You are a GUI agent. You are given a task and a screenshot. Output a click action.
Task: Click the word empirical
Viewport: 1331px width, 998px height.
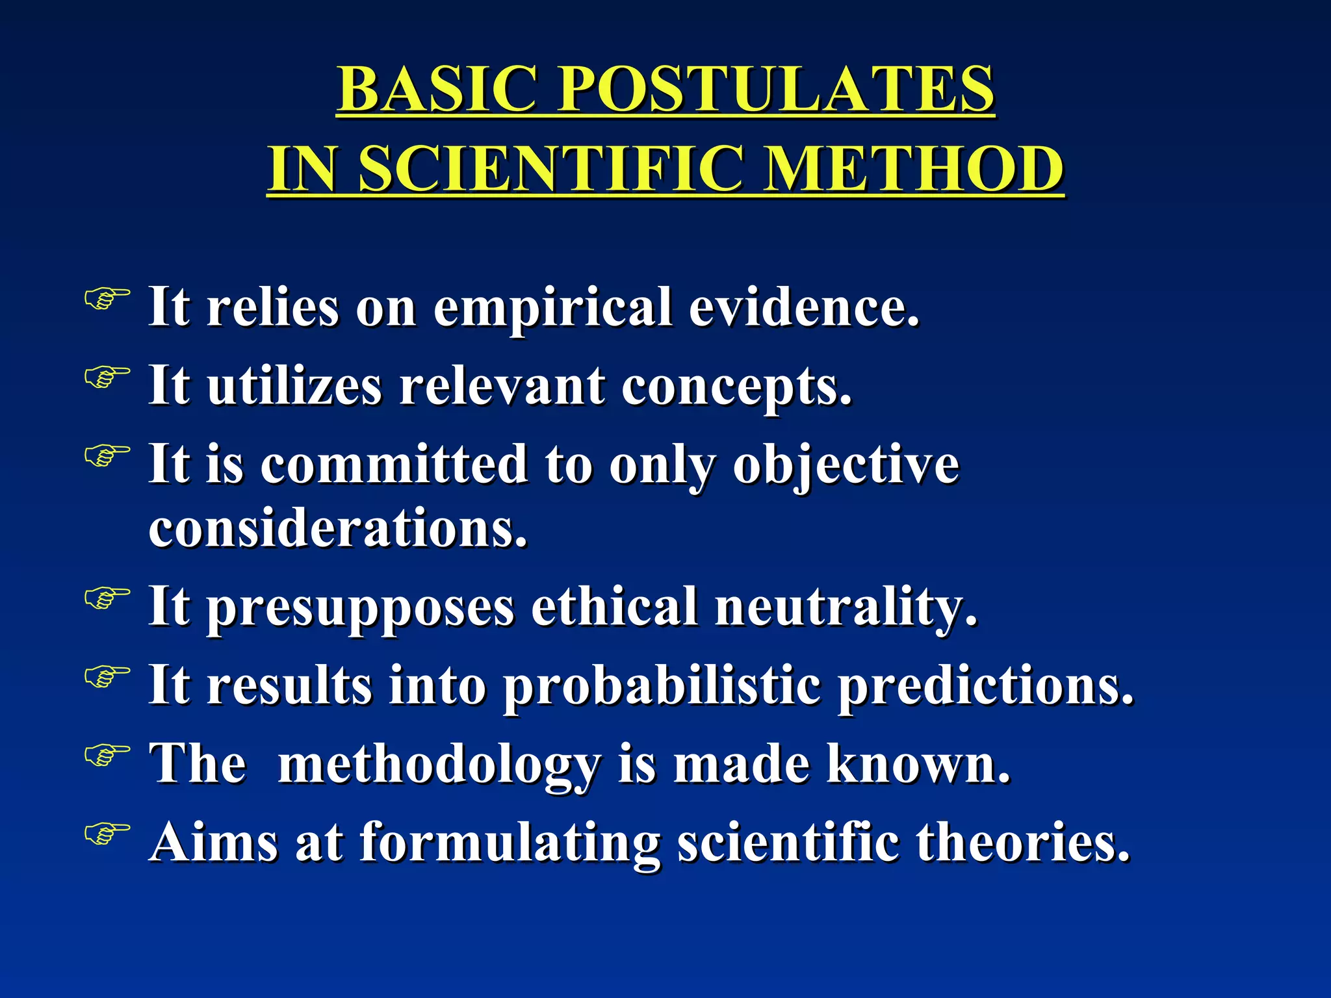(x=552, y=308)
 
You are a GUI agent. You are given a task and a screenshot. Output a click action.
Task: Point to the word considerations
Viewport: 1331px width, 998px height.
(x=338, y=528)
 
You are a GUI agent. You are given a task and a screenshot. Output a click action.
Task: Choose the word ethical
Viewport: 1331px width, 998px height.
(x=615, y=606)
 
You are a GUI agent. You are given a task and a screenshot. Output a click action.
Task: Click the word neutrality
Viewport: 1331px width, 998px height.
(x=846, y=608)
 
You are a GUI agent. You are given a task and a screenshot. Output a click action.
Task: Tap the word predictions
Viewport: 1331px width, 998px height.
(x=985, y=686)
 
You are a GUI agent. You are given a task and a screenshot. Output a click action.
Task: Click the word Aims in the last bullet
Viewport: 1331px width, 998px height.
(x=214, y=842)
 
